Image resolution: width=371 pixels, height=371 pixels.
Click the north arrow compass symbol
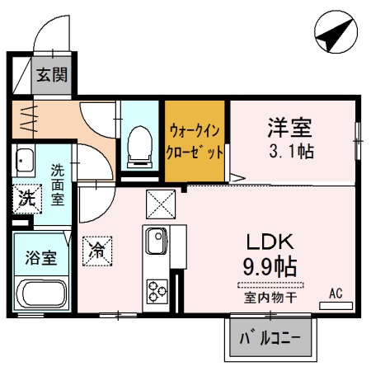point(336,32)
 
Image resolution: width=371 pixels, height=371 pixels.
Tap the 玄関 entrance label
point(52,75)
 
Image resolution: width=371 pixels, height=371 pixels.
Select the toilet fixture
point(140,147)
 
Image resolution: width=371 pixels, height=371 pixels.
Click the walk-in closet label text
point(195,141)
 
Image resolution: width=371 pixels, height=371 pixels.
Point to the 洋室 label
point(289,127)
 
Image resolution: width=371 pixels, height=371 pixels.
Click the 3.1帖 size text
point(291,151)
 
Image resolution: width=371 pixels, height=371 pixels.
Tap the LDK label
point(270,242)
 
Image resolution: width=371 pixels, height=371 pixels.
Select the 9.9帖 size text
point(270,266)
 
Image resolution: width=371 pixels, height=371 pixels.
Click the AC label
point(336,294)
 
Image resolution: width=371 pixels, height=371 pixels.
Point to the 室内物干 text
point(270,298)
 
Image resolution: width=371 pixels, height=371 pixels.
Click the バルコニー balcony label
point(270,338)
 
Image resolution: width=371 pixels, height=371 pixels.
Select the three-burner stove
point(157,291)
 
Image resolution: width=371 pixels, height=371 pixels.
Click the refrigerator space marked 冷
point(97,251)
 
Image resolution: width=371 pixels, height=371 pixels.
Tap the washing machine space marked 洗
point(27,199)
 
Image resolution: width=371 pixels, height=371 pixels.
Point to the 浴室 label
point(41,258)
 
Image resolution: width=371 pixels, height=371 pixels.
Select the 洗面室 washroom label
point(58,185)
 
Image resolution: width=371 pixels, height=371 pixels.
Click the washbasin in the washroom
point(25,161)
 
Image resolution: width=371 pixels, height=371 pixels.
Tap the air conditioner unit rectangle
point(336,306)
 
